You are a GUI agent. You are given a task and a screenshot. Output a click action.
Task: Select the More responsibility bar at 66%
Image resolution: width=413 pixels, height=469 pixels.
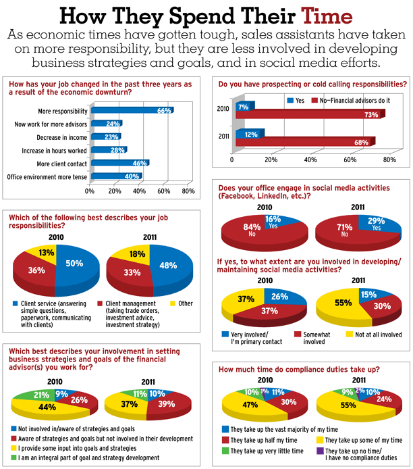pyautogui.click(x=132, y=111)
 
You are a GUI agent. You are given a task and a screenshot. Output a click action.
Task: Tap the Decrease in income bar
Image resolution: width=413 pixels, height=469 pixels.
pyautogui.click(x=105, y=137)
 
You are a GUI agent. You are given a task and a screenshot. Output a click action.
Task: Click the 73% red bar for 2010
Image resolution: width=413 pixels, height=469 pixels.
pyautogui.click(x=310, y=116)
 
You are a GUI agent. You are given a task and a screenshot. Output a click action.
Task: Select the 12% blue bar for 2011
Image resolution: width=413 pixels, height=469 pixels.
pyautogui.click(x=250, y=133)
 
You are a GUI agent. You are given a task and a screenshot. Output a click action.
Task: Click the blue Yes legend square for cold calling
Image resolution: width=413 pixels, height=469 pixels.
pyautogui.click(x=290, y=100)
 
